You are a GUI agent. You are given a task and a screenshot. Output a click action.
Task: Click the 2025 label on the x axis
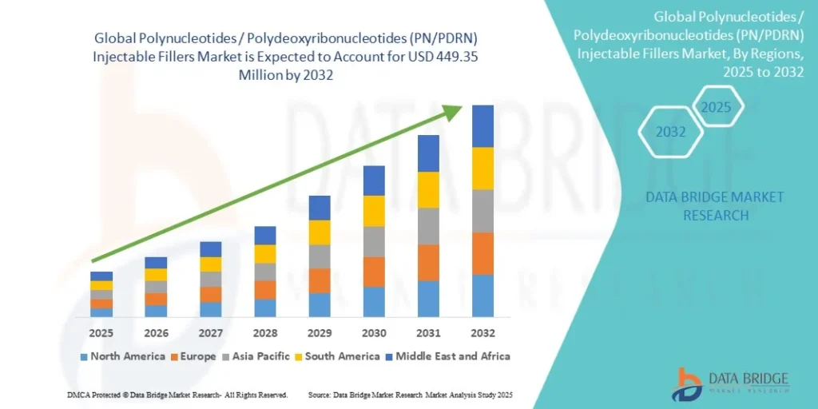(101, 332)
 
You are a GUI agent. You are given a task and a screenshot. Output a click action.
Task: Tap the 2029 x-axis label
(320, 332)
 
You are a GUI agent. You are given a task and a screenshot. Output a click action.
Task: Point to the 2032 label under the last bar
(482, 332)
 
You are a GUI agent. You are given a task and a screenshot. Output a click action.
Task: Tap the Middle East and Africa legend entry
(447, 356)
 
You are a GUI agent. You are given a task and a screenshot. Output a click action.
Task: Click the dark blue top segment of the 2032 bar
(482, 126)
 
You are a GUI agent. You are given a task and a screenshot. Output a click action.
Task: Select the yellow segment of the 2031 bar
(428, 189)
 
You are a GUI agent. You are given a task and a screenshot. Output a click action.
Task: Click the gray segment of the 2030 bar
(374, 241)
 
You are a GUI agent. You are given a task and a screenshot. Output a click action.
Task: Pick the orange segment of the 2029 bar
(320, 280)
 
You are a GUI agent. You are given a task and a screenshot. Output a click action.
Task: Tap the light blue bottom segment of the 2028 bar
(265, 308)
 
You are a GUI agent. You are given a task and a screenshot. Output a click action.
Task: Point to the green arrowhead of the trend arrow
(453, 112)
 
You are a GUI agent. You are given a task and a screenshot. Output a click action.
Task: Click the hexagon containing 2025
(717, 107)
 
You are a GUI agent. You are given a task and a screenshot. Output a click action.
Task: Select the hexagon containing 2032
(671, 132)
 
